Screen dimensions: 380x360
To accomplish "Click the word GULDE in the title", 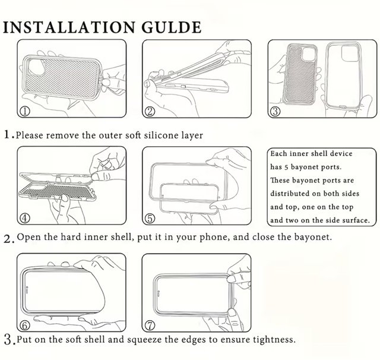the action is (172, 27).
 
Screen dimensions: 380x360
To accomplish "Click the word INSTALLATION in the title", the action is (69, 27).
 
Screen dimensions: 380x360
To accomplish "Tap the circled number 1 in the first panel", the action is (25, 111).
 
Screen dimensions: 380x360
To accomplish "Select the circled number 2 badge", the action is (150, 111).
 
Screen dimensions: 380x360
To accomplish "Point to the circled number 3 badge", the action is (275, 111).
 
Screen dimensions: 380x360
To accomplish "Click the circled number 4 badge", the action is (25, 218).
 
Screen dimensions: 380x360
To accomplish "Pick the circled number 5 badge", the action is (150, 218).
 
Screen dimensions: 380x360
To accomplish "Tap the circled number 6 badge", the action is (25, 326).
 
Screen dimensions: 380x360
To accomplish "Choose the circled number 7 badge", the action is (150, 326).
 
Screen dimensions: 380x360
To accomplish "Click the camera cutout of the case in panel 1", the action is (37, 67).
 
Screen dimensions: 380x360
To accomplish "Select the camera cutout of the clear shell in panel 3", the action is (349, 53).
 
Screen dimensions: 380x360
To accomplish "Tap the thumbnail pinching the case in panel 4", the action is (96, 176).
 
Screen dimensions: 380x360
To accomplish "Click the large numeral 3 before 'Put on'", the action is (8, 340).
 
